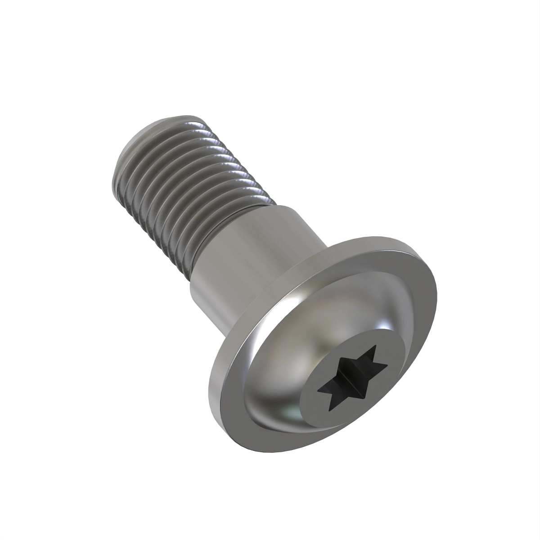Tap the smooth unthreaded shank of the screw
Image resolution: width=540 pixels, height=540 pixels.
coord(252,252)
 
